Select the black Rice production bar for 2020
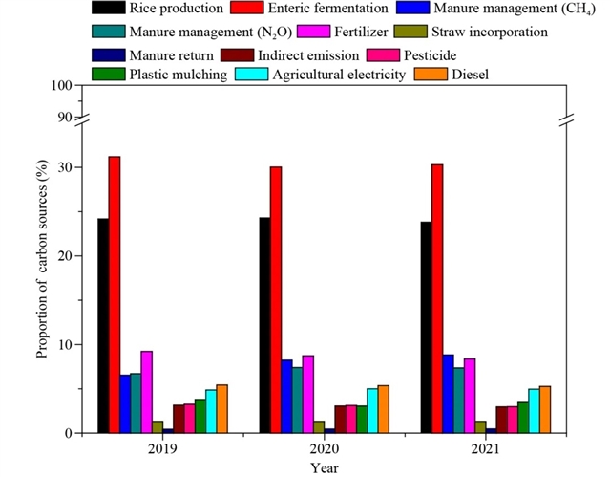click(x=264, y=325)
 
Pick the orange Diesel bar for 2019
click(x=221, y=409)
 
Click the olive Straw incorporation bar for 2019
click(x=157, y=427)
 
